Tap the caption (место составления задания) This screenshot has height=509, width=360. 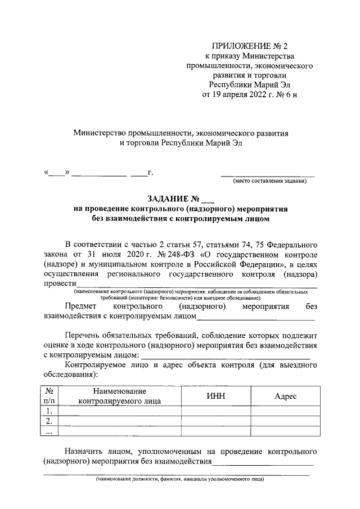(x=269, y=181)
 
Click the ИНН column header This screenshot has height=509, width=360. (x=215, y=396)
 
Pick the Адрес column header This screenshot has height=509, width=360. (x=285, y=396)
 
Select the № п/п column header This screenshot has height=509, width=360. (x=49, y=396)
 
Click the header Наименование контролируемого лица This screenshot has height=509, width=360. (x=120, y=396)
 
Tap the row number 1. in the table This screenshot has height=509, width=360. (x=49, y=411)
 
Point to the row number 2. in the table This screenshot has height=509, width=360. (x=49, y=421)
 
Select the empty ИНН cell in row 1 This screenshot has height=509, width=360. (x=215, y=411)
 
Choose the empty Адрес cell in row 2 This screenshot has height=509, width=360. (x=285, y=421)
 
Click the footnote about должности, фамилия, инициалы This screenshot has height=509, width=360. (x=179, y=480)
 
